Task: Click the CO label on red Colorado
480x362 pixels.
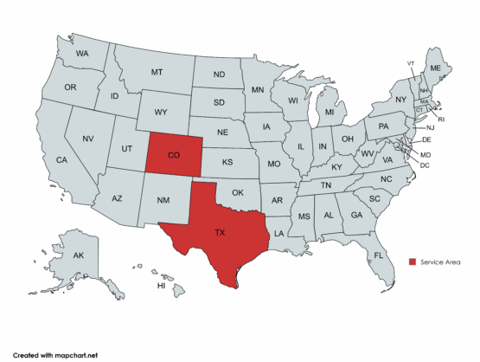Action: [x=174, y=156]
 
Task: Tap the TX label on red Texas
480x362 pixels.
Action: [x=220, y=232]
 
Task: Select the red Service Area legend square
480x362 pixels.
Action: [x=413, y=261]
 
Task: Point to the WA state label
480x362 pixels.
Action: [x=83, y=54]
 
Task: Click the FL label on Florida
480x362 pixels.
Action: [x=378, y=255]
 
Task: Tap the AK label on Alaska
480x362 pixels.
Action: [x=78, y=255]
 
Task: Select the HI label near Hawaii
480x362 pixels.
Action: [x=160, y=285]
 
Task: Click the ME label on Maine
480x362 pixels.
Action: [x=435, y=68]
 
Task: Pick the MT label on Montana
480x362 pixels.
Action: [x=157, y=72]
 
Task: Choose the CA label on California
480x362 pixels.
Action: [x=61, y=160]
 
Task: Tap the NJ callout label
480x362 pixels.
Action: [x=430, y=128]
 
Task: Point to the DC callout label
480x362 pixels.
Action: [x=425, y=165]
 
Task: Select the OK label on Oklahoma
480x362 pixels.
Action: [x=239, y=192]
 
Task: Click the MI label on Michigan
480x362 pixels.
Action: [x=330, y=113]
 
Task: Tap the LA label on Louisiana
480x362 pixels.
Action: [x=279, y=234]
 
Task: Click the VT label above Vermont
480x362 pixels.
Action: [x=411, y=63]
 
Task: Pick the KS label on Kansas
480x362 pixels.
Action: [x=228, y=162]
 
